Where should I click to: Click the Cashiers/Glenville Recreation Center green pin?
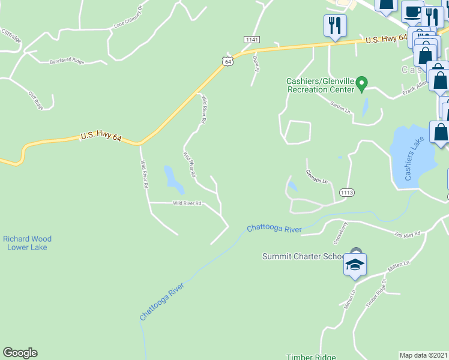tap(361, 83)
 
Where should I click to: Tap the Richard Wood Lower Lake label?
tap(25, 242)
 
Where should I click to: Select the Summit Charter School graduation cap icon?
tap(355, 264)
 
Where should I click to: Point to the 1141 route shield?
tap(252, 39)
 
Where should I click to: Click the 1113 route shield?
tap(346, 192)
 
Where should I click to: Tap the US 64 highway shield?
tap(226, 61)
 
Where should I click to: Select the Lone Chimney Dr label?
tap(128, 18)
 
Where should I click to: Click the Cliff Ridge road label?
tap(37, 100)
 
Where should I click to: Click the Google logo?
tap(20, 353)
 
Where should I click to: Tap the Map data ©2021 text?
tap(423, 355)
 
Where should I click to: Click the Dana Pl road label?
tap(256, 63)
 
